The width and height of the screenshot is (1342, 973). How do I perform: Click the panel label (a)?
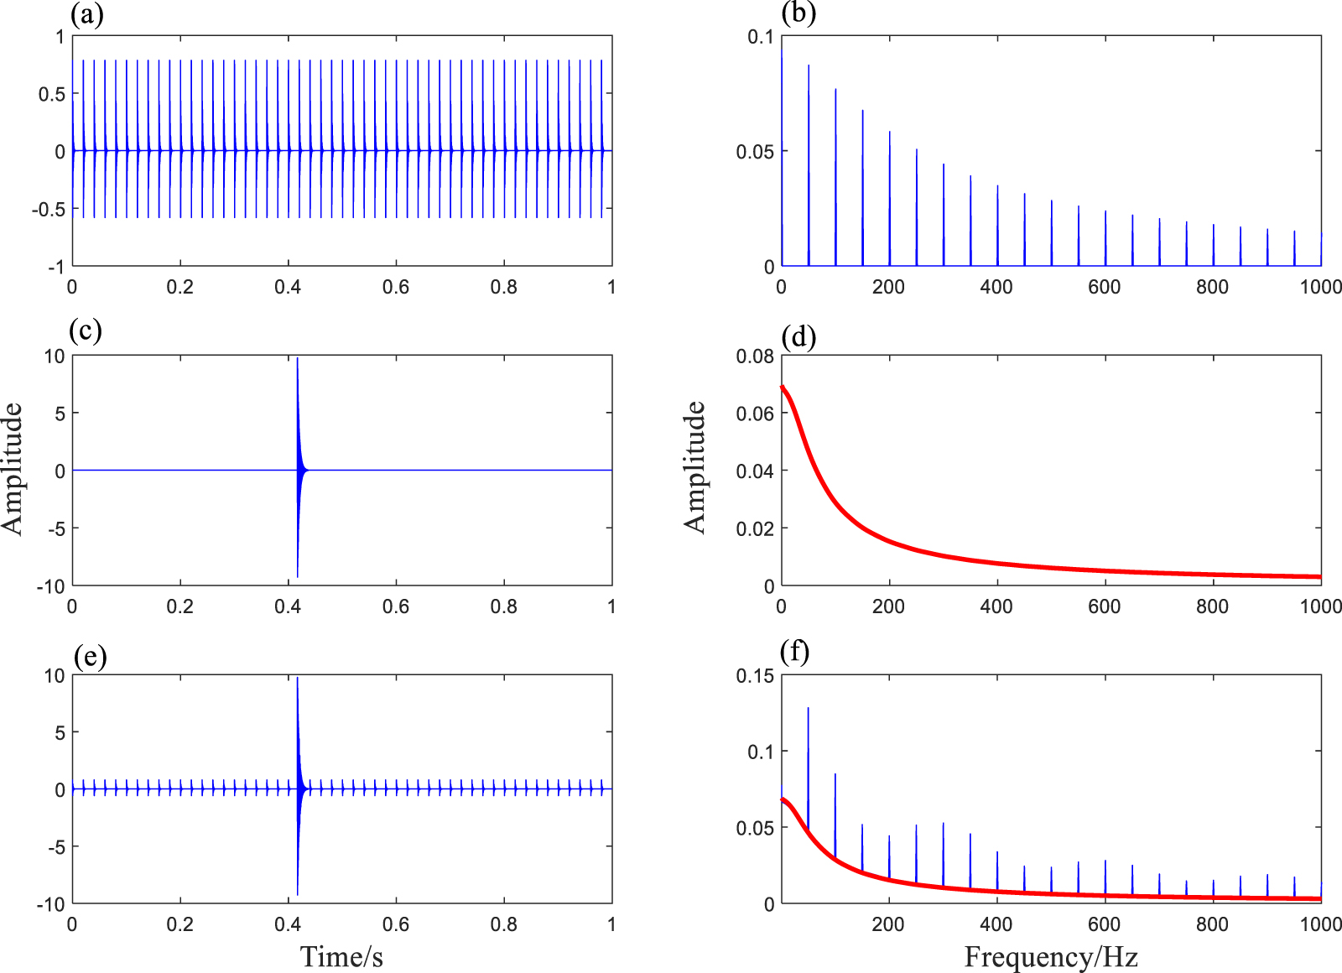pyautogui.click(x=87, y=14)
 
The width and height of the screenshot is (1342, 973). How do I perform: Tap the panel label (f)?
pyautogui.click(x=794, y=651)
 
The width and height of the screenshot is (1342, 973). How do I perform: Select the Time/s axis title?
pyautogui.click(x=341, y=957)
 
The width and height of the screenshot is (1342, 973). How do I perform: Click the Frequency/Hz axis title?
pyautogui.click(x=1050, y=957)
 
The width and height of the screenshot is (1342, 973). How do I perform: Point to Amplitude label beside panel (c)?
pyautogui.click(x=13, y=468)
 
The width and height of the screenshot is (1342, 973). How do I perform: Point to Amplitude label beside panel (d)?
pyautogui.click(x=695, y=467)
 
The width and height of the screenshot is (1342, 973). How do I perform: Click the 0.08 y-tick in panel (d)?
pyautogui.click(x=755, y=356)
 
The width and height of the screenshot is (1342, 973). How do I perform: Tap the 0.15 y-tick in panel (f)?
pyautogui.click(x=755, y=676)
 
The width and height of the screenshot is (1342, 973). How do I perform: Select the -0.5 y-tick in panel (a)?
pyautogui.click(x=48, y=210)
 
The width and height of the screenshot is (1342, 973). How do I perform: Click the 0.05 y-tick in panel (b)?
pyautogui.click(x=755, y=152)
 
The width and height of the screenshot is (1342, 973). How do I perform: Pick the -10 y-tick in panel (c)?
pyautogui.click(x=50, y=586)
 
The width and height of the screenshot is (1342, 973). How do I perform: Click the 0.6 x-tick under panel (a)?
pyautogui.click(x=395, y=287)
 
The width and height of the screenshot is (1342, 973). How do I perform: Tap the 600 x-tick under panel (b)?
pyautogui.click(x=1104, y=287)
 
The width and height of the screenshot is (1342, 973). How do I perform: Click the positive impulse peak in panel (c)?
pyautogui.click(x=297, y=360)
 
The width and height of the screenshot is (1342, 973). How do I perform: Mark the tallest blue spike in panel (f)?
pyautogui.click(x=808, y=709)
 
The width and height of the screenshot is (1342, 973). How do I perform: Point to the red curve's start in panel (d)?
pyautogui.click(x=783, y=387)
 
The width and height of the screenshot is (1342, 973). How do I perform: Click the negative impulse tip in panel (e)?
pyautogui.click(x=298, y=894)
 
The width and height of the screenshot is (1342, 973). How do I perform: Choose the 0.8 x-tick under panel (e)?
pyautogui.click(x=503, y=924)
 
